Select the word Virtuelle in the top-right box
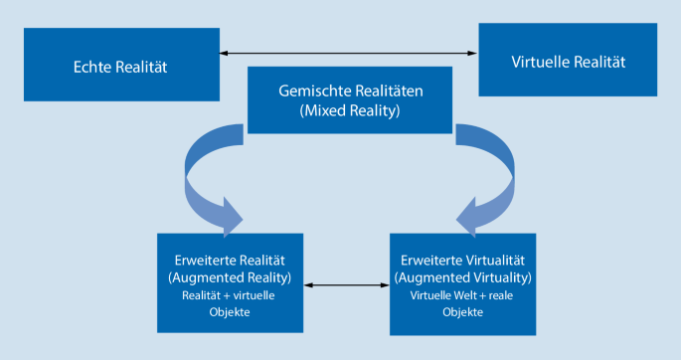[541, 62]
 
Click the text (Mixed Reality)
[350, 110]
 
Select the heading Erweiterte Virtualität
[462, 259]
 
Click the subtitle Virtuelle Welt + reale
[462, 294]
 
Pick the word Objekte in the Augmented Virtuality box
[462, 311]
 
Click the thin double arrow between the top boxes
[348, 52]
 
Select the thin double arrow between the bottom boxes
[346, 285]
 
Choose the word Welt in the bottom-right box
[470, 294]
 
